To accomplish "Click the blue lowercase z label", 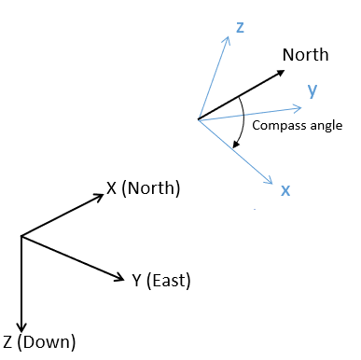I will [240, 29].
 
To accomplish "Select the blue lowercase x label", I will [285, 190].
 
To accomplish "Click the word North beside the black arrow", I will [306, 55].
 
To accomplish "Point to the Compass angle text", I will [298, 126].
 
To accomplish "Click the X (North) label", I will [143, 188].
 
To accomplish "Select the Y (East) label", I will [161, 280].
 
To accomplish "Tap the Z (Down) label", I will [39, 340].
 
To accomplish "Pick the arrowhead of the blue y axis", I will [299, 96].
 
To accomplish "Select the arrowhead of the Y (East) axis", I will [121, 277].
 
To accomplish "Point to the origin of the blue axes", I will [198, 118].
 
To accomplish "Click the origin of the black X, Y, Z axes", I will [21, 235].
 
